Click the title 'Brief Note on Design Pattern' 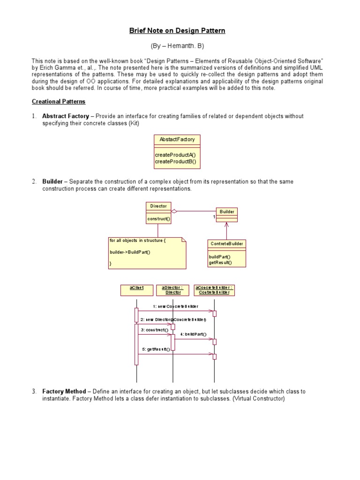coord(177,31)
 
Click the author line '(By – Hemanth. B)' coord(177,46)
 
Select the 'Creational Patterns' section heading coord(59,101)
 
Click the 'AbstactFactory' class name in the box coord(177,139)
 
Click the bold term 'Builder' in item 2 coord(52,181)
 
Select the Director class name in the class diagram coord(158,206)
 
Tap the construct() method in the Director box coord(158,218)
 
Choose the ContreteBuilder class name coord(226,244)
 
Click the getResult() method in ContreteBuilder coord(220,262)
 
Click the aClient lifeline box coord(136,290)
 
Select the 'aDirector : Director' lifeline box coord(173,290)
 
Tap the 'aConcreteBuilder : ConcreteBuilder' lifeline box coord(214,290)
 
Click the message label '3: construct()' coord(154,330)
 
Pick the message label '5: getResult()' coord(156,349)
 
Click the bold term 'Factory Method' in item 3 coord(64,391)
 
